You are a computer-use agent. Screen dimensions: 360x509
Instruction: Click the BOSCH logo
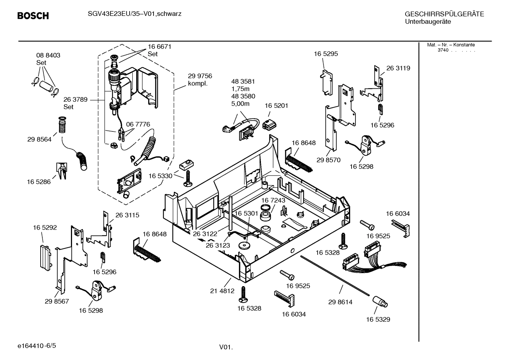[x=33, y=16]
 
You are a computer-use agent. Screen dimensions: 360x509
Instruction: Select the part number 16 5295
[x=326, y=54]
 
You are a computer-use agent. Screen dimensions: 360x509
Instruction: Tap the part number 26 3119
[x=398, y=68]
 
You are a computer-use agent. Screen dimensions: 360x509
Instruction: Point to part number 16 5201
[x=276, y=106]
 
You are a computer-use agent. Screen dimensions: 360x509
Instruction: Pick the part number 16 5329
[x=378, y=319]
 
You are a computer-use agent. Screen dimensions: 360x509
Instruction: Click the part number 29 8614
[x=340, y=302]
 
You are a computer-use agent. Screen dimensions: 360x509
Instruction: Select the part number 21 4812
[x=222, y=291]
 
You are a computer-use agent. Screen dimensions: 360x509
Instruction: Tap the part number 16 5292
[x=45, y=228]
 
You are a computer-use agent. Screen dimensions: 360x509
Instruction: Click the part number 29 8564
[x=39, y=140]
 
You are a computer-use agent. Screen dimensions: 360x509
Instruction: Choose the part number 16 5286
[x=39, y=182]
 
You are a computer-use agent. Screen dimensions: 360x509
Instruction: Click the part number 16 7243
[x=273, y=200]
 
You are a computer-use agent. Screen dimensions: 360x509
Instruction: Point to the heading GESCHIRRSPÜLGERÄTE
[x=444, y=14]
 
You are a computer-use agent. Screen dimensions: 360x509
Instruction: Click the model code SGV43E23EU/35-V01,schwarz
[x=130, y=14]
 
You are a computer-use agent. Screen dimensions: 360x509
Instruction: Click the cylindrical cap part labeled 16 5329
[x=380, y=302]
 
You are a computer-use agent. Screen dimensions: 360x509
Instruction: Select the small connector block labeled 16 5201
[x=270, y=124]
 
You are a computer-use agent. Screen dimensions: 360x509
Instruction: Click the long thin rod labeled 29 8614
[x=335, y=276]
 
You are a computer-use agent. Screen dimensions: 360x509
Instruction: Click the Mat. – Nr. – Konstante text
[x=451, y=45]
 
